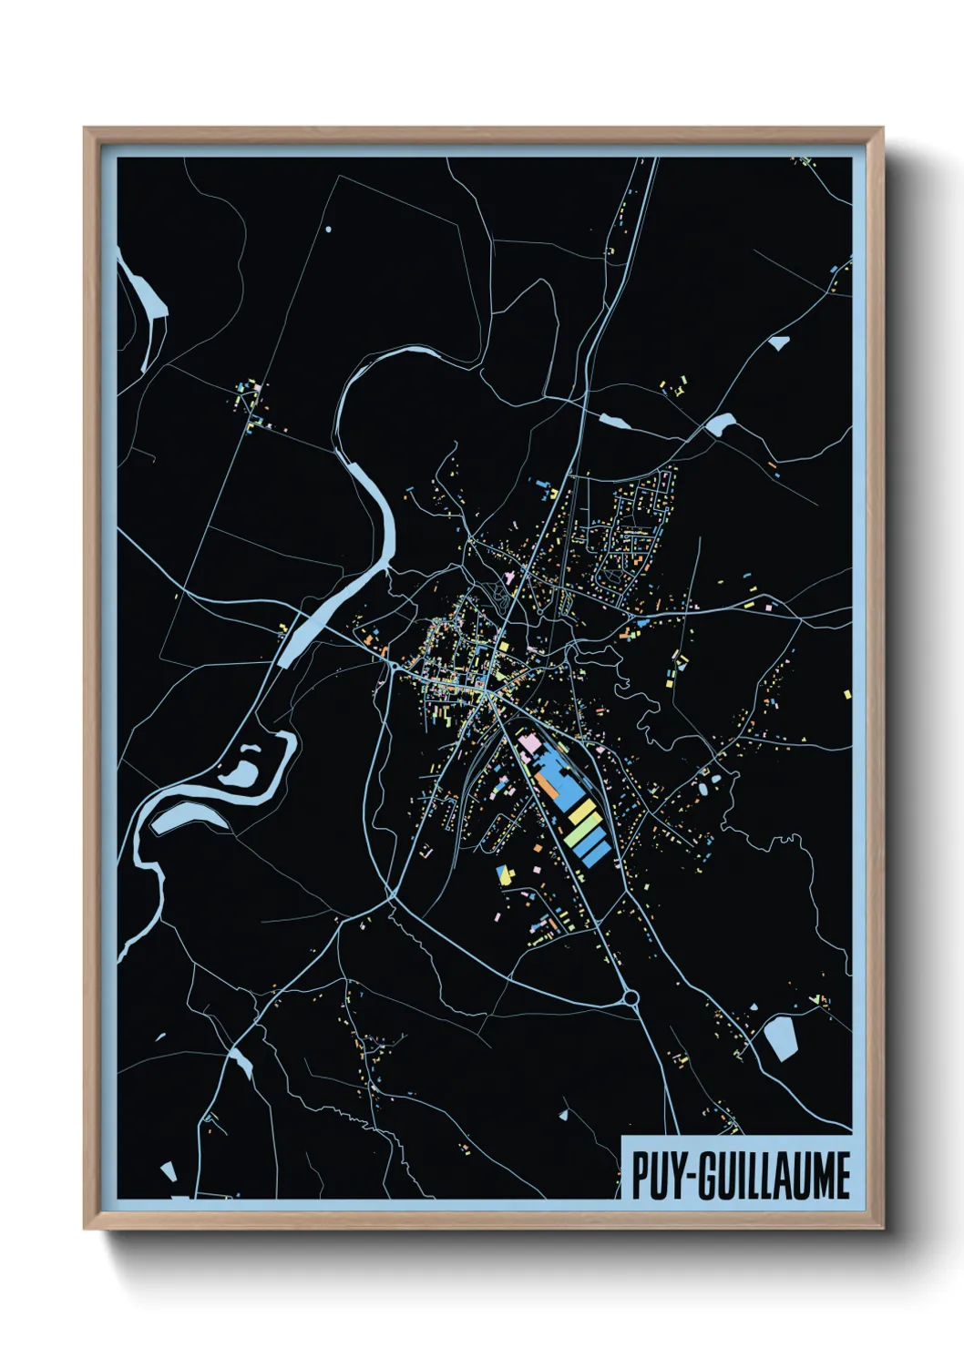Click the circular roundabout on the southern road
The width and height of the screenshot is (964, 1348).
click(x=630, y=999)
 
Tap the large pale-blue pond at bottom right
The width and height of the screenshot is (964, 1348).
click(x=780, y=1038)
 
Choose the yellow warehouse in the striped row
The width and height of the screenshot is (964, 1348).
click(x=581, y=811)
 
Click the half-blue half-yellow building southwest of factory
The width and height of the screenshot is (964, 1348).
click(x=503, y=875)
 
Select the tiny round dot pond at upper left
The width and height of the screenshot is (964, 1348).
click(x=328, y=229)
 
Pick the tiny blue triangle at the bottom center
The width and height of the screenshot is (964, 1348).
click(x=564, y=1113)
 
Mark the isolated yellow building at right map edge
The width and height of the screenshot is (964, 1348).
click(x=848, y=694)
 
